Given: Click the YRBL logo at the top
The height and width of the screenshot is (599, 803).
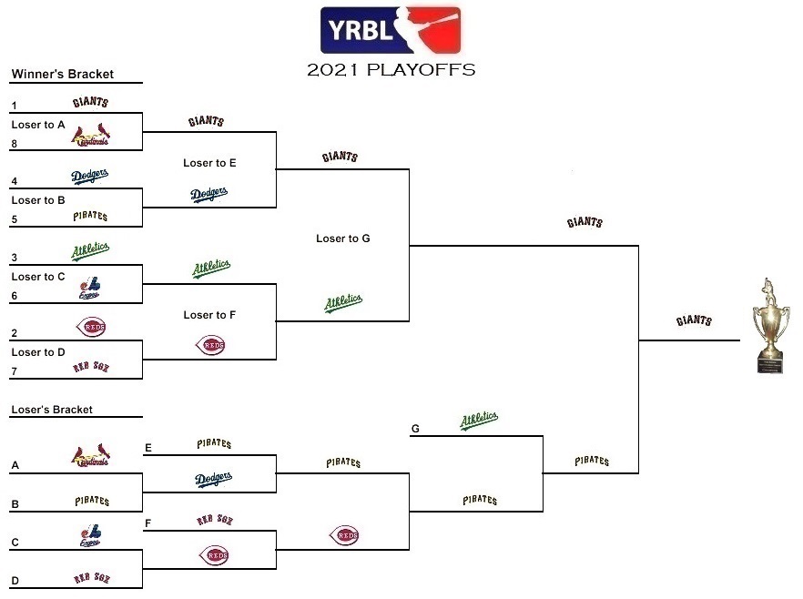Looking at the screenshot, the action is (x=391, y=31).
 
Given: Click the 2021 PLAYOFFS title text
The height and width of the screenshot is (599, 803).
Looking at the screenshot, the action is (x=391, y=70).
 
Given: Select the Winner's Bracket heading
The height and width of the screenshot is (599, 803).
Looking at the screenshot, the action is (x=63, y=75).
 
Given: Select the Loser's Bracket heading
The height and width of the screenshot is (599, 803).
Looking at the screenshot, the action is (x=52, y=410).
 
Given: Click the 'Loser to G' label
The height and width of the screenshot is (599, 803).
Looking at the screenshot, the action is (x=343, y=239).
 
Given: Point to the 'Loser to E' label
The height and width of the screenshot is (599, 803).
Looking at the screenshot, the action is (x=209, y=163).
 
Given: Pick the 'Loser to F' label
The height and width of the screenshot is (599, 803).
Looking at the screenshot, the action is (x=209, y=315).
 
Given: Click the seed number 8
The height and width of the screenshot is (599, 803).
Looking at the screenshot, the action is (x=15, y=143).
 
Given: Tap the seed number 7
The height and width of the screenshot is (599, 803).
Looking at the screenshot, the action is (x=15, y=371).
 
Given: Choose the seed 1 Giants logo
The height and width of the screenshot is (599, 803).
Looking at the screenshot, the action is (x=91, y=103).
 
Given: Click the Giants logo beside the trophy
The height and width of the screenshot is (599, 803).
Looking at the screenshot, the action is (x=694, y=321).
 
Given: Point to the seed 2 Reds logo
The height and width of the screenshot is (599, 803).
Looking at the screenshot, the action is (x=91, y=328).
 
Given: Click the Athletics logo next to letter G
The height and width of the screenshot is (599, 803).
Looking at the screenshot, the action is (x=479, y=421).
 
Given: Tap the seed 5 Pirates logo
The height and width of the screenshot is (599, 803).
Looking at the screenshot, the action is (x=91, y=217).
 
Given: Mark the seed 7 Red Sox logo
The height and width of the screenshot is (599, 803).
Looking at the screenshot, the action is (x=91, y=367).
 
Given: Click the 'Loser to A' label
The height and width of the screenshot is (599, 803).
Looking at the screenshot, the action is (x=38, y=125).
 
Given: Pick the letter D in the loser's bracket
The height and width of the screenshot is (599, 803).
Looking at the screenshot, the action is (x=15, y=581).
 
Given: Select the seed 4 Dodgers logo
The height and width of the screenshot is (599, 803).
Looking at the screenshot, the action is (x=90, y=176).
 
